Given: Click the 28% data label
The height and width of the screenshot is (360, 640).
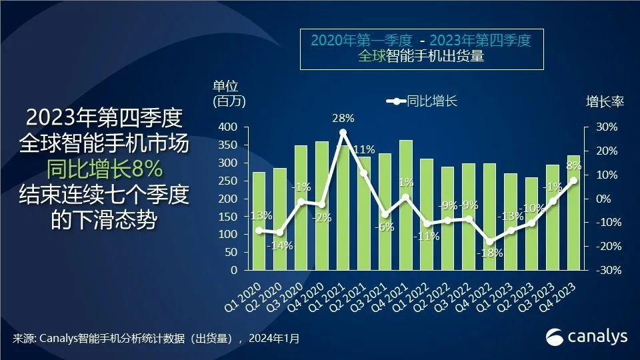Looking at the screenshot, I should (x=343, y=119).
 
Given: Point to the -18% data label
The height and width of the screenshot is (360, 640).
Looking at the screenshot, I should (x=489, y=253).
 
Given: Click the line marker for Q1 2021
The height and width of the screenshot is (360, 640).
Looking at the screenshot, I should (x=343, y=133).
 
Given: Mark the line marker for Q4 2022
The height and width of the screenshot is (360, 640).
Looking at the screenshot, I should (x=490, y=241).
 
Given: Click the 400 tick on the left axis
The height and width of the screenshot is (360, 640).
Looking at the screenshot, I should (x=229, y=127).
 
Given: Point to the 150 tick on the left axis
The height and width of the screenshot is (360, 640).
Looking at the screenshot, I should (x=229, y=217).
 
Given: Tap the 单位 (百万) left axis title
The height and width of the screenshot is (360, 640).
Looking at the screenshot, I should (x=229, y=94).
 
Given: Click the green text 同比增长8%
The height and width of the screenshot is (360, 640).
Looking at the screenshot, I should (x=103, y=169).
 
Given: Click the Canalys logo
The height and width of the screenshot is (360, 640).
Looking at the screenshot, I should (x=587, y=337).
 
